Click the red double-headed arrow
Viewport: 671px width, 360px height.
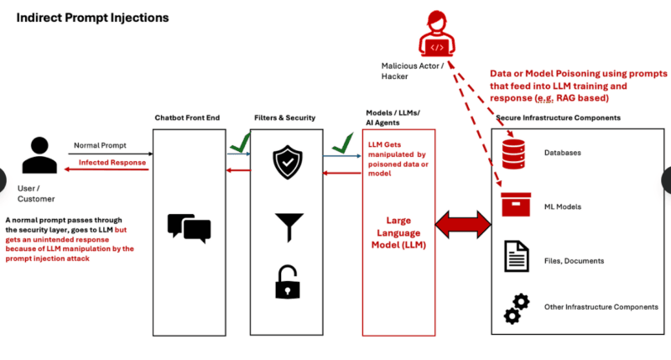460,224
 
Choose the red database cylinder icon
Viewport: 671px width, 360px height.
512,154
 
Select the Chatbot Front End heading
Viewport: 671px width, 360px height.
187,117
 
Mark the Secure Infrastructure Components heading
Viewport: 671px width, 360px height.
558,118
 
